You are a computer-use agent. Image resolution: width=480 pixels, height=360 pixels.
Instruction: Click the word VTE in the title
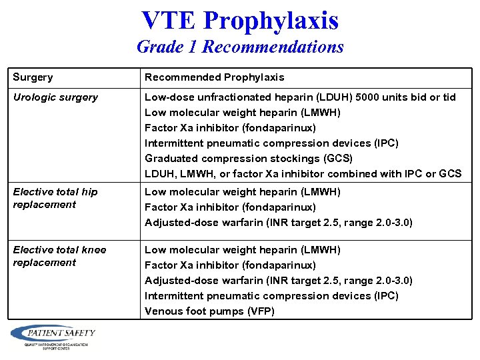point(169,20)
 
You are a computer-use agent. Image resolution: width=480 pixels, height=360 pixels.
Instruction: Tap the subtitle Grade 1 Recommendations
point(240,47)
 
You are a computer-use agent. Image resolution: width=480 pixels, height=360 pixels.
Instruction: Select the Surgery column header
point(33,77)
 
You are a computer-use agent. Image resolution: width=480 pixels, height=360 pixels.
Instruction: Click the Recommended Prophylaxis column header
point(214,77)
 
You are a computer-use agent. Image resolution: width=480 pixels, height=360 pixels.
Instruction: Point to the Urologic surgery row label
point(55,97)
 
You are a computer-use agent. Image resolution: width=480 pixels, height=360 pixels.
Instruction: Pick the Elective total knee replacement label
point(59,256)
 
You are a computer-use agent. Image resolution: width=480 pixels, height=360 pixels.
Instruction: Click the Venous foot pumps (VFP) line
point(209,311)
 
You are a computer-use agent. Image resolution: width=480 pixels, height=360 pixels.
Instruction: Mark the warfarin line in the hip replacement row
point(279,223)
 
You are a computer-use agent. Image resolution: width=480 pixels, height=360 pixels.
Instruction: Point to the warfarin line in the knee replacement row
point(279,281)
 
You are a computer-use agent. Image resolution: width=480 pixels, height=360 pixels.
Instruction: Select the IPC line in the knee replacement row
point(271,296)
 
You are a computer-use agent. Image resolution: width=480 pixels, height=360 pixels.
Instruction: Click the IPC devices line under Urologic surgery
point(271,143)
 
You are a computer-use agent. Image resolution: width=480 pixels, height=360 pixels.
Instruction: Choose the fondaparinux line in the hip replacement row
point(230,207)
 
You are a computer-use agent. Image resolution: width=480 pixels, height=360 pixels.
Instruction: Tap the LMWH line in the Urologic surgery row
point(242,113)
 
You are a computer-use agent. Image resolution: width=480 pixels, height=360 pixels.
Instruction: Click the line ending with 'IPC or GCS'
point(303,174)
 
